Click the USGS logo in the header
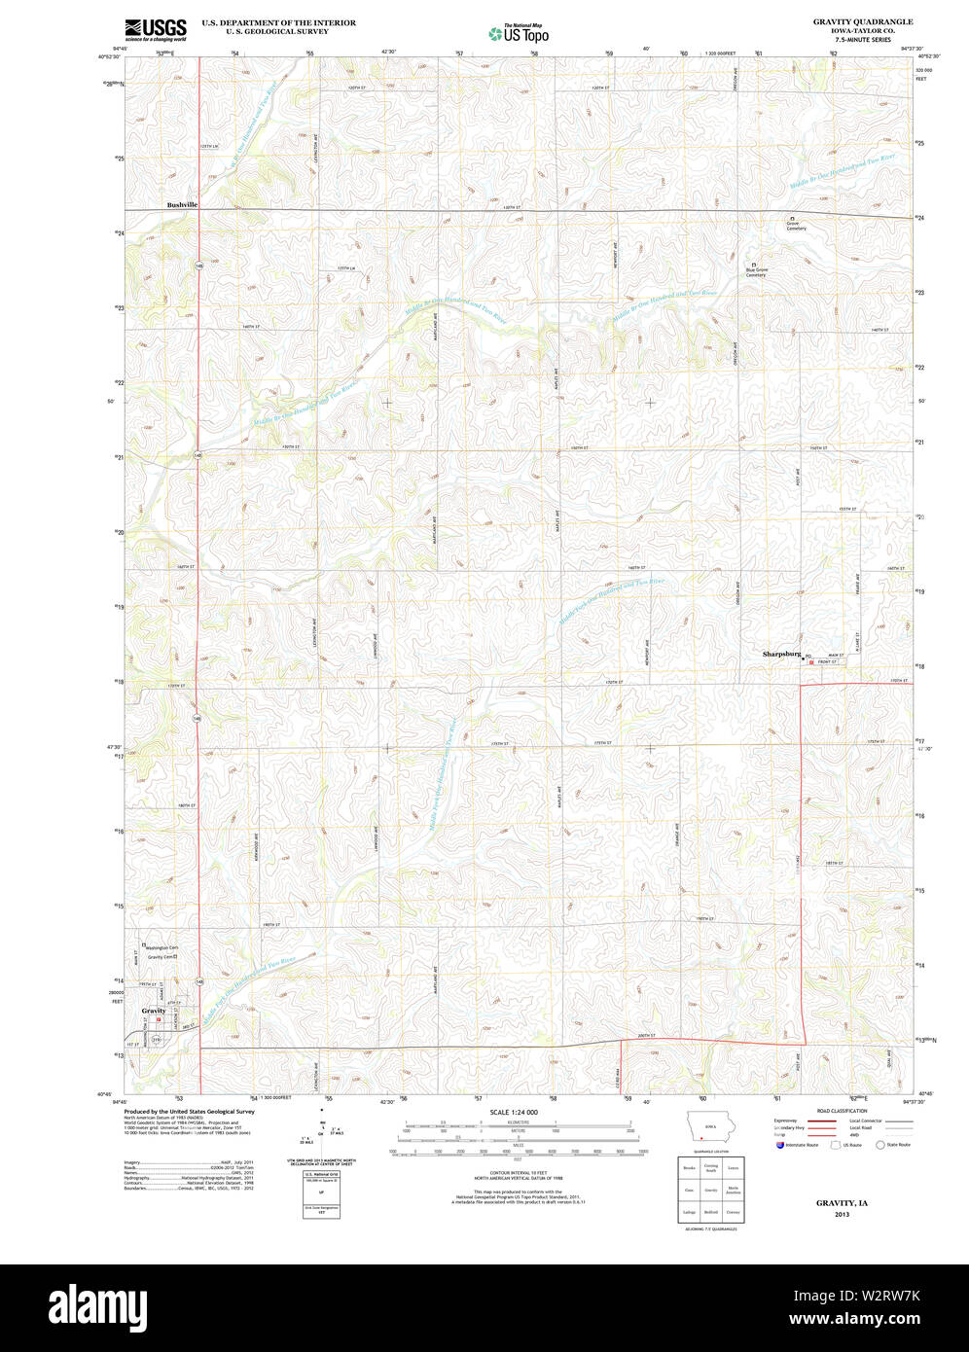pyautogui.click(x=156, y=28)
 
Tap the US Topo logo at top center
pyautogui.click(x=519, y=33)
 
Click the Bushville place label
pyautogui.click(x=182, y=205)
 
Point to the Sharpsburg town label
pyautogui.click(x=781, y=655)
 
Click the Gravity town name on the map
pyautogui.click(x=154, y=1011)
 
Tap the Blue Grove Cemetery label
pyautogui.click(x=756, y=271)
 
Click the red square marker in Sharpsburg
pyautogui.click(x=811, y=662)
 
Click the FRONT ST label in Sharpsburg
pyautogui.click(x=827, y=662)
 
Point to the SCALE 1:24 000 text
pyautogui.click(x=514, y=1112)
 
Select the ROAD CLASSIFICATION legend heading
pyautogui.click(x=843, y=1111)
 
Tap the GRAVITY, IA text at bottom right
pyautogui.click(x=842, y=1203)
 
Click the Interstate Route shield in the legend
pyautogui.click(x=779, y=1145)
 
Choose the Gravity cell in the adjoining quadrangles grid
pyautogui.click(x=711, y=1189)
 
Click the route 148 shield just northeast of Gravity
pyautogui.click(x=198, y=979)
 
